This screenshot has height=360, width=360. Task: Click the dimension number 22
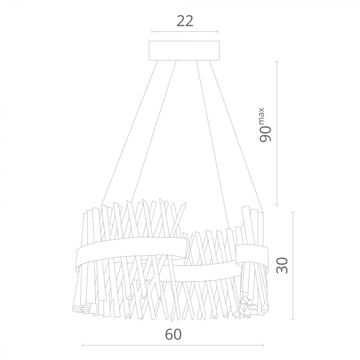tap(185, 21)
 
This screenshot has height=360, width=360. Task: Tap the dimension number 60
tap(173, 334)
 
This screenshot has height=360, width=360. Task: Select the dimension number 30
tap(282, 265)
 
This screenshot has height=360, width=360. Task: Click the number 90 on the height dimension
tap(265, 134)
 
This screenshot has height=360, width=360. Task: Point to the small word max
tap(262, 116)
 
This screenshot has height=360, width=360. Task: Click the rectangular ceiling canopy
tap(185, 50)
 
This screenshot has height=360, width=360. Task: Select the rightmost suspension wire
tap(236, 136)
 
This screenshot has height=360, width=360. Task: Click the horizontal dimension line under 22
tap(185, 32)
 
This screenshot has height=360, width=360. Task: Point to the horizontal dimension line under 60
tap(173, 345)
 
